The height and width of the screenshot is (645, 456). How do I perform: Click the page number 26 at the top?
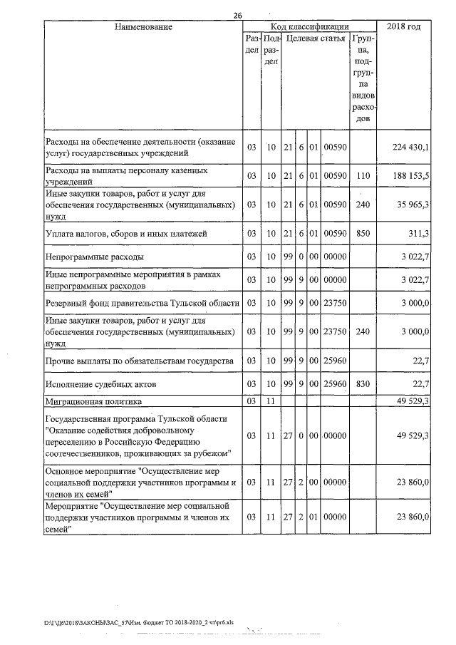pos(238,16)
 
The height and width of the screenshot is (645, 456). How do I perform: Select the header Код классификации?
pos(309,26)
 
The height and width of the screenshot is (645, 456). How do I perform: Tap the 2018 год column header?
pos(403,26)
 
